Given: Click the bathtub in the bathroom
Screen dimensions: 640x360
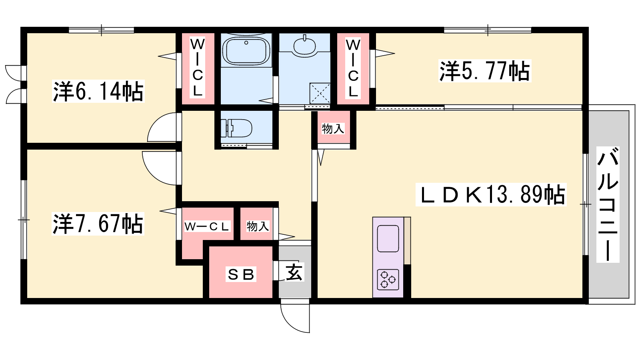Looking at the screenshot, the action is (x=246, y=50).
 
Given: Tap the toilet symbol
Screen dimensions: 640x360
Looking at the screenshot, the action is (x=236, y=128).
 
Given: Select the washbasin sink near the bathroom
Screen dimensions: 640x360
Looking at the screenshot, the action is (x=304, y=46).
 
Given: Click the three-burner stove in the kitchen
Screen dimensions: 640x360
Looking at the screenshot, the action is (x=388, y=279).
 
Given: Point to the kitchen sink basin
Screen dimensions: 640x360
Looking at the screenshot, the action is (x=388, y=238).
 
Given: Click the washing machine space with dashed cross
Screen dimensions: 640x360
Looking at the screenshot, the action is (x=320, y=93).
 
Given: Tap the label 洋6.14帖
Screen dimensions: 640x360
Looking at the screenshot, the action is (x=98, y=92).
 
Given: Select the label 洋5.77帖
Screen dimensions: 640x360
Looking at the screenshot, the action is (x=484, y=71).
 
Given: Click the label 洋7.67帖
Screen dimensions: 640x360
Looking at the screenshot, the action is (x=98, y=224).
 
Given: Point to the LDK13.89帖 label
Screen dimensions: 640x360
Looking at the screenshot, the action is (x=491, y=194).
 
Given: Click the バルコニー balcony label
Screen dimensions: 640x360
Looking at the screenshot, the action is (x=608, y=204).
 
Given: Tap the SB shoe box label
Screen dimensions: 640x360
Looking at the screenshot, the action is (x=241, y=274).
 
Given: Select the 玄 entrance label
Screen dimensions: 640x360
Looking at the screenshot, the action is (x=294, y=272).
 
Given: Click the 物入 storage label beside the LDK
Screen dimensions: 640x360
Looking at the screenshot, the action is (x=333, y=129).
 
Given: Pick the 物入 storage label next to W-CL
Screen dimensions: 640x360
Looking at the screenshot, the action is (x=258, y=226).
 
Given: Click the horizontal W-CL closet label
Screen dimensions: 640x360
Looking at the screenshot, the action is (x=207, y=226).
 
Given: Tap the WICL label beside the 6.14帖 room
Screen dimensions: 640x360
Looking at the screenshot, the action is (x=198, y=68).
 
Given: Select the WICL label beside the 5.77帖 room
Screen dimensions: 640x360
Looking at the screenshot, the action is (x=353, y=68).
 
